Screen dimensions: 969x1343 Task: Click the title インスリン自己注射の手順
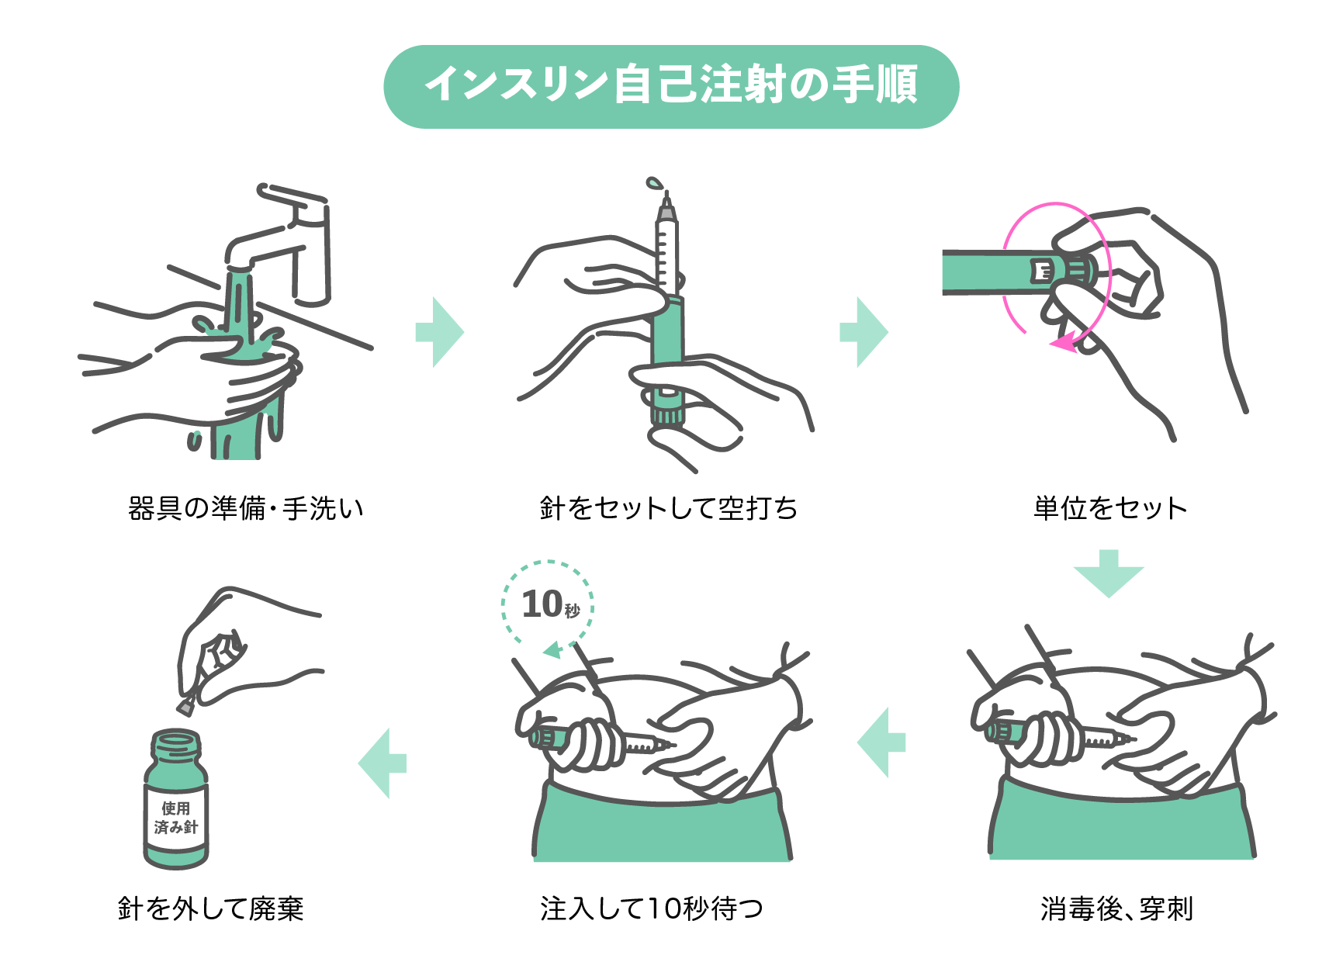(671, 85)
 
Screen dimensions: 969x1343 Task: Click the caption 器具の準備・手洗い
(245, 508)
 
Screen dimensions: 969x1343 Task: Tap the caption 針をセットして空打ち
(668, 508)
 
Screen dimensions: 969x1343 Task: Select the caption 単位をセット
(1109, 508)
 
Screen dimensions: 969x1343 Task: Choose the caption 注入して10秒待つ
(652, 908)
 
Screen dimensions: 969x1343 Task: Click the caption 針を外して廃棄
(210, 908)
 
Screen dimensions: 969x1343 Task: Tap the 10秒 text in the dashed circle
(549, 604)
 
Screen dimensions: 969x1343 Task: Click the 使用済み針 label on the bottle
(176, 818)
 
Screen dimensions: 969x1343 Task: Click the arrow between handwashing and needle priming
(439, 332)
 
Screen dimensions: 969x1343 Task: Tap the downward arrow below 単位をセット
(1109, 574)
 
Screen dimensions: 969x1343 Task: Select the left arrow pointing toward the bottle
(382, 763)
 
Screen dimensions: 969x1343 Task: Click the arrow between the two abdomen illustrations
(881, 742)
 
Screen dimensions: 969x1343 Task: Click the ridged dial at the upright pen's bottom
(667, 414)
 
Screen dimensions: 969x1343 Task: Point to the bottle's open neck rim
(175, 740)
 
